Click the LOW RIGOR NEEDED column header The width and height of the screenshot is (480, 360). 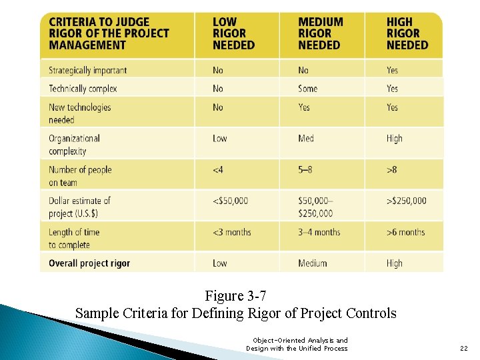233,34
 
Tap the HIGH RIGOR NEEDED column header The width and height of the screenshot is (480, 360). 407,34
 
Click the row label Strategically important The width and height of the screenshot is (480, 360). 87,70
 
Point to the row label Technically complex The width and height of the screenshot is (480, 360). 83,89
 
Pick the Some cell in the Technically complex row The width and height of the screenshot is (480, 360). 308,89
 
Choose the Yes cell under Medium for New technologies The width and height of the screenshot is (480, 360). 304,107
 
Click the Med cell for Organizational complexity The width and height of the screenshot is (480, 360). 306,139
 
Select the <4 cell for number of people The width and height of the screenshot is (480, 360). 218,170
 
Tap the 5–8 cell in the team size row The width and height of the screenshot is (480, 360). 305,170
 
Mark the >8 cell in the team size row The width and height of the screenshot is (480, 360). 391,170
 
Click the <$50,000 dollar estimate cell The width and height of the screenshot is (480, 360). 230,201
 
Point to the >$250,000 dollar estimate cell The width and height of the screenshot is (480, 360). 406,201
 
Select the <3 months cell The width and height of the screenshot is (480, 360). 232,232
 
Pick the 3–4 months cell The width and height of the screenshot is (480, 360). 319,232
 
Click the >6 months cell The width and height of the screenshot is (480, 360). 405,232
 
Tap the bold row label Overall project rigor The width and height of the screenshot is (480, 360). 89,263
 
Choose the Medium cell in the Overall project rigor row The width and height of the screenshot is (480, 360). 313,263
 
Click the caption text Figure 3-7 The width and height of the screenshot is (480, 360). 236,296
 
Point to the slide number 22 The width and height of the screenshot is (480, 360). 464,348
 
